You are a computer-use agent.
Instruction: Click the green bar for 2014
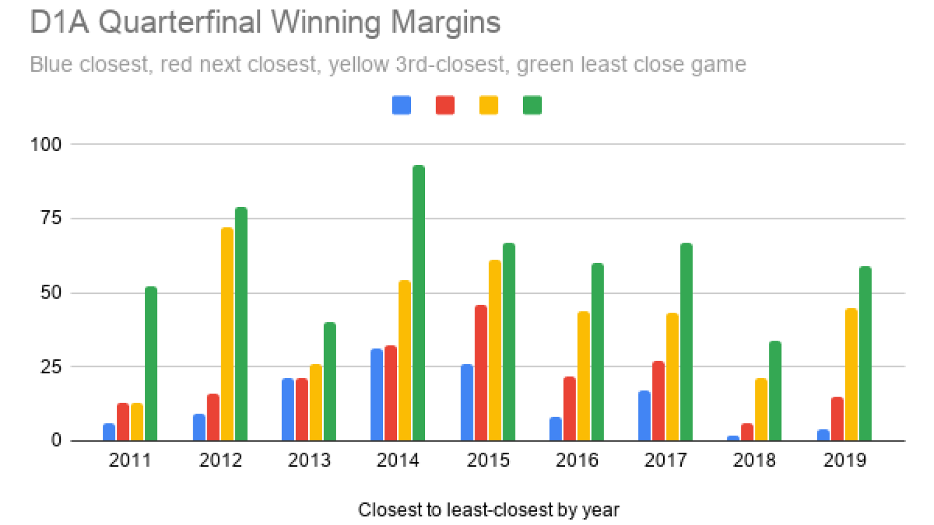tap(419, 303)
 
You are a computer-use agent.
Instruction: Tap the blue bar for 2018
tap(733, 438)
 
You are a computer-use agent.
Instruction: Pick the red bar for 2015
tap(481, 373)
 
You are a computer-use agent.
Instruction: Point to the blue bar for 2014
tap(377, 395)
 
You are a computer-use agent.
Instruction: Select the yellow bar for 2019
tap(852, 374)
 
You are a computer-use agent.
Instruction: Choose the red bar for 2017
tap(658, 401)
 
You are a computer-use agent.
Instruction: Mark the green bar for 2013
tap(330, 381)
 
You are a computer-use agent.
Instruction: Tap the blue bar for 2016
tap(556, 429)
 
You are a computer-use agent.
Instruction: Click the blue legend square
tap(402, 106)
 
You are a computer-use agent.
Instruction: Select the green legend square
tap(532, 106)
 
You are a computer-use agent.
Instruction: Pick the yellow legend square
tap(489, 106)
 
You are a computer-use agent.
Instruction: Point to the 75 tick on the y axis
tap(51, 218)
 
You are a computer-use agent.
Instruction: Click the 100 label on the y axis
tap(46, 144)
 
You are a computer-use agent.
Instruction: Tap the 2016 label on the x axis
tap(577, 460)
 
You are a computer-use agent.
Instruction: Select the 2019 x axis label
tap(845, 460)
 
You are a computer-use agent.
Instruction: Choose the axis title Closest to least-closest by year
tap(488, 510)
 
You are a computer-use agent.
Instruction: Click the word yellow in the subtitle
tap(358, 64)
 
